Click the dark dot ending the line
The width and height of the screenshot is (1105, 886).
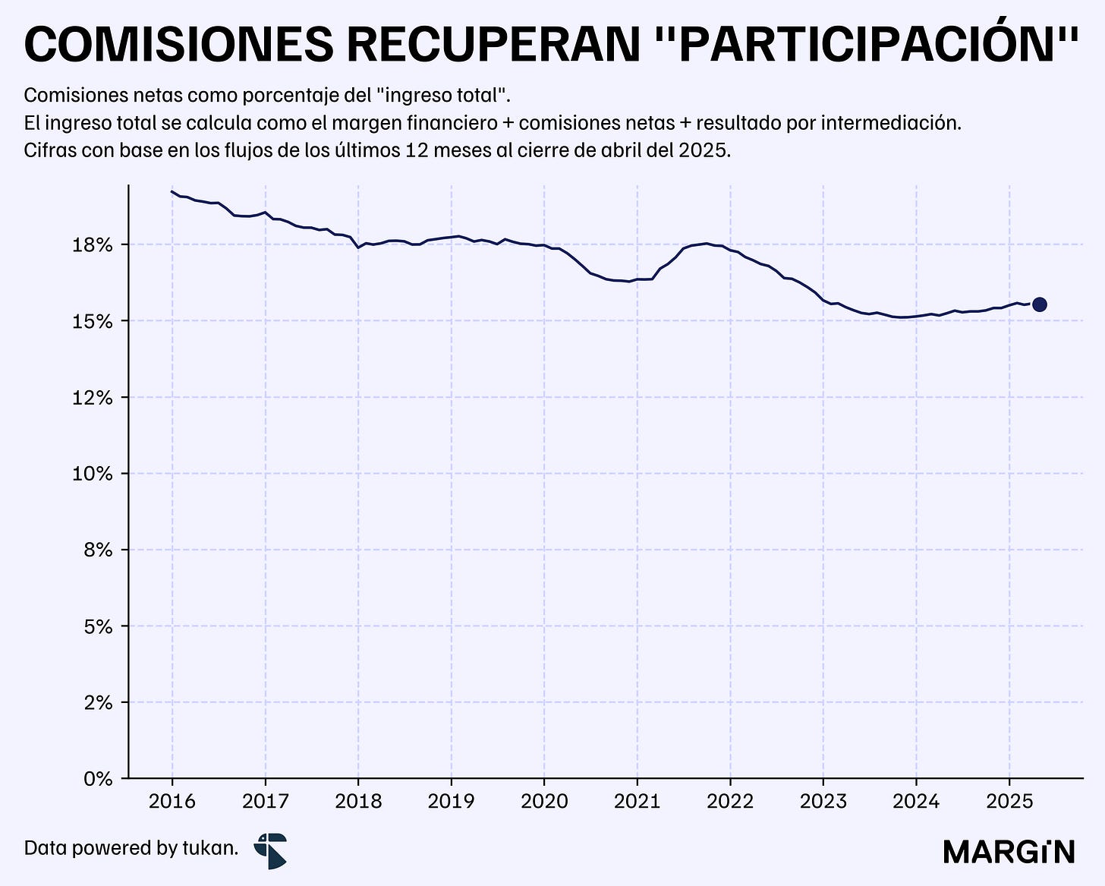coord(1039,304)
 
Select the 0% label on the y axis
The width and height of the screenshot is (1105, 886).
coord(98,779)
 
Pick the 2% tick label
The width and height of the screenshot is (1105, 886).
coord(98,702)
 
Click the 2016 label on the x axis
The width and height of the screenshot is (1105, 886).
coord(172,802)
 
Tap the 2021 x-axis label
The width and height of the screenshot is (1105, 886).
coord(637,802)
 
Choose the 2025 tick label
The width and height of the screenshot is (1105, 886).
coord(1009,802)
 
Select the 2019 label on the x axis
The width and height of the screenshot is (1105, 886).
coord(452,802)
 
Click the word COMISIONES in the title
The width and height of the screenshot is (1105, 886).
coord(179,45)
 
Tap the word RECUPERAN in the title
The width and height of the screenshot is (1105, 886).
coord(494,45)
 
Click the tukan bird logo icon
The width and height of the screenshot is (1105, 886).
coord(271,851)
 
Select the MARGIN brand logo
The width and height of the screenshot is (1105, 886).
coord(1009,852)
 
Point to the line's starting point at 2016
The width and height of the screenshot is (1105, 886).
coord(172,191)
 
